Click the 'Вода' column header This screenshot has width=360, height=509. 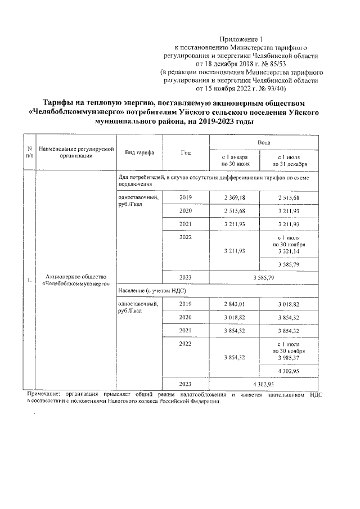point(263,143)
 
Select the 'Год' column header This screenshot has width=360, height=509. point(186,153)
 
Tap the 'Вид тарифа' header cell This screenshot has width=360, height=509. point(136,153)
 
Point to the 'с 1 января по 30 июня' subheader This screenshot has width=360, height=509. point(236,160)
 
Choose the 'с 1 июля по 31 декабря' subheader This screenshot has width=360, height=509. point(289,160)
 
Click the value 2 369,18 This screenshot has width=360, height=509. point(236,198)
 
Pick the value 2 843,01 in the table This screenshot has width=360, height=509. point(236,304)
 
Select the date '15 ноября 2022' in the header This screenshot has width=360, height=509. point(222,88)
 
